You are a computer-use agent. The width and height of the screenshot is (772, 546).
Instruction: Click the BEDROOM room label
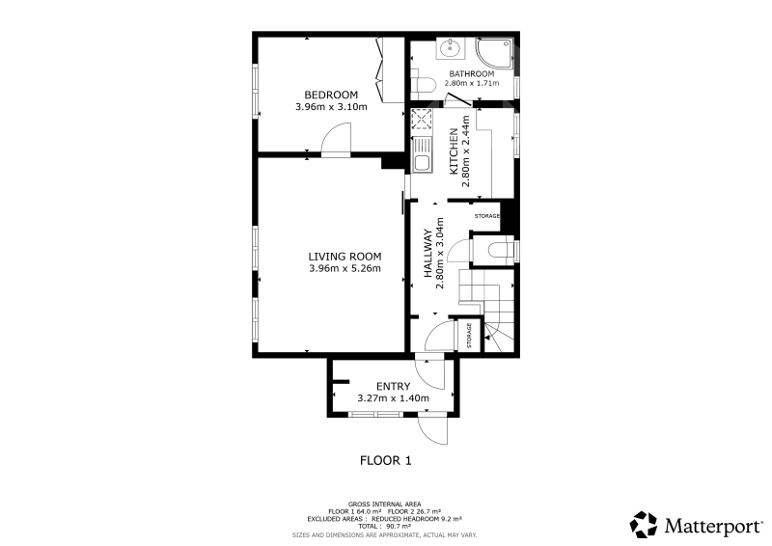click(331, 95)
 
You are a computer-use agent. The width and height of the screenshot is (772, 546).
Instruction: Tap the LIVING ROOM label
click(345, 257)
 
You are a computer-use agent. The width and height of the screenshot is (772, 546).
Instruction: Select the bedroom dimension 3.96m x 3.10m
click(331, 106)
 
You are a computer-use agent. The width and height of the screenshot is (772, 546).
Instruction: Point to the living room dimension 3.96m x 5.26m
click(345, 268)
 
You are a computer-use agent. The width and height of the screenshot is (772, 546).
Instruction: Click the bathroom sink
click(450, 48)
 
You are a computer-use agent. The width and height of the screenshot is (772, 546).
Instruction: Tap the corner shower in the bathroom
click(493, 53)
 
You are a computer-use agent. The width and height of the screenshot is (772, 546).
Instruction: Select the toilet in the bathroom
click(423, 84)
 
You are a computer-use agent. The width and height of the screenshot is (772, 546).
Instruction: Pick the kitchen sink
click(422, 154)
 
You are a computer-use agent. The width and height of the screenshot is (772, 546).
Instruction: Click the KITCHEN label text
click(454, 151)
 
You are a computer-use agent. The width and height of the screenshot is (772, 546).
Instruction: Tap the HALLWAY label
click(427, 253)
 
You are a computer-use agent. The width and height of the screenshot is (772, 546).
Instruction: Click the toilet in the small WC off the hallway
click(501, 250)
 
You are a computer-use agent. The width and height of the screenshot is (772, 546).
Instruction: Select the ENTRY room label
click(393, 387)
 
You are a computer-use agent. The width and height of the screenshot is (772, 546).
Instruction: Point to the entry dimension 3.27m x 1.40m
click(393, 398)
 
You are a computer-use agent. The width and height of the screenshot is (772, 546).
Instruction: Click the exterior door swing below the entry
click(432, 430)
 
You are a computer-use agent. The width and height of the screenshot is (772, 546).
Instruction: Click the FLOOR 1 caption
click(385, 461)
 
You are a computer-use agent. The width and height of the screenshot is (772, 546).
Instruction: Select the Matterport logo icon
click(644, 525)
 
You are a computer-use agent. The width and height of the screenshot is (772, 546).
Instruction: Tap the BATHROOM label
click(472, 74)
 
